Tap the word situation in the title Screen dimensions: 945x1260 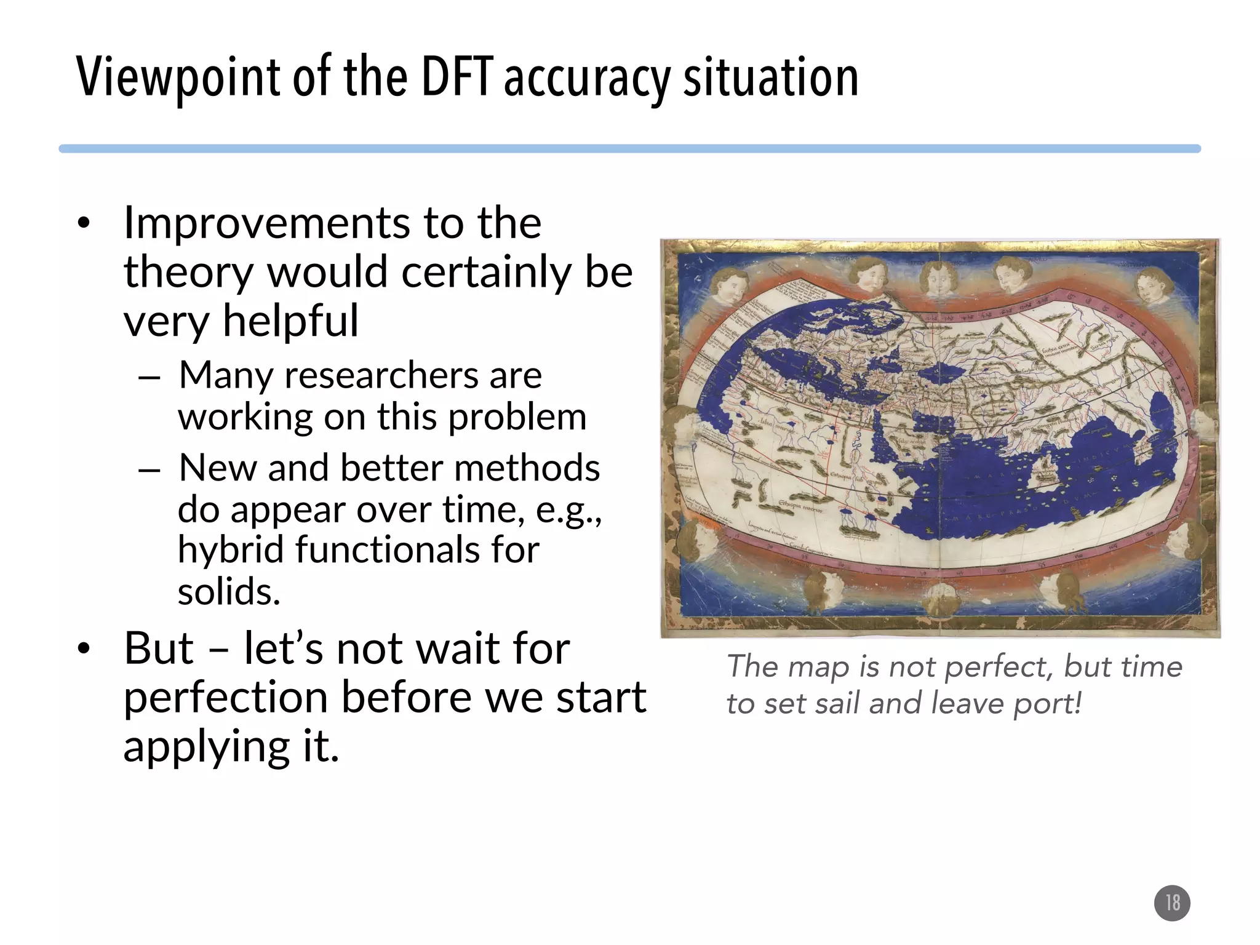pyautogui.click(x=770, y=78)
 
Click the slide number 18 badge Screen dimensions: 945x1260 pyautogui.click(x=1172, y=903)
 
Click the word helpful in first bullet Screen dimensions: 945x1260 pyautogui.click(x=290, y=322)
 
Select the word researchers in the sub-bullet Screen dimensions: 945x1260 pyautogui.click(x=381, y=375)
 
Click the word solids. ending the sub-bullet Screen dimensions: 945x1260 pyautogui.click(x=229, y=592)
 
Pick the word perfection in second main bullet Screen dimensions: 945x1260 pyautogui.click(x=225, y=697)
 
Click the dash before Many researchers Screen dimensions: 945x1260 pyautogui.click(x=150, y=377)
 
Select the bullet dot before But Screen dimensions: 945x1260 pyautogui.click(x=84, y=650)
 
